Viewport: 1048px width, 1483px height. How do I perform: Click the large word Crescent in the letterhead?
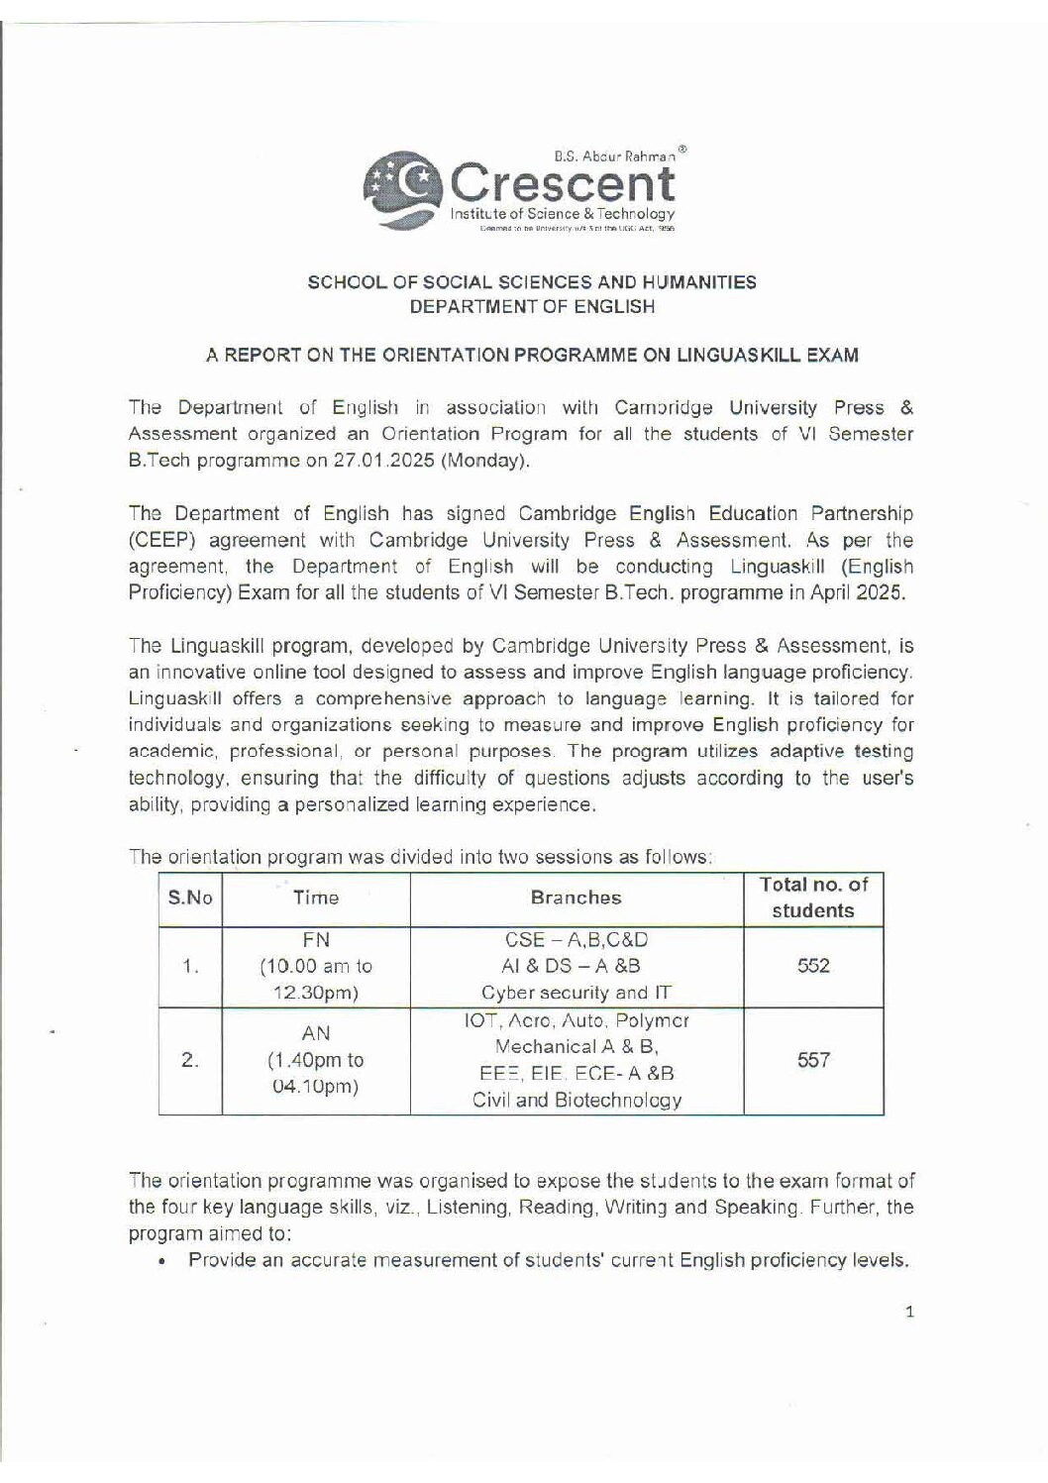563,184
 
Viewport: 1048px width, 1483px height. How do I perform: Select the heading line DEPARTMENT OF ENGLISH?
532,307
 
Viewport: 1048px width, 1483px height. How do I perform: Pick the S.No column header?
190,899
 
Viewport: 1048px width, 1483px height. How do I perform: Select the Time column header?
316,899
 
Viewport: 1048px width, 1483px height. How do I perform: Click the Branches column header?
576,899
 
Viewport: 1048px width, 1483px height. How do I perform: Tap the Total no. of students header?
812,898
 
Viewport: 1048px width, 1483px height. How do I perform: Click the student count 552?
812,967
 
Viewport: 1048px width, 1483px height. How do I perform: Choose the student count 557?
812,1060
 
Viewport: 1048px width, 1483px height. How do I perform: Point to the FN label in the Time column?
316,940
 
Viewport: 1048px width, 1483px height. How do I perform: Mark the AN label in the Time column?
316,1034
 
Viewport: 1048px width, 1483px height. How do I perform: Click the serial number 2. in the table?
190,1060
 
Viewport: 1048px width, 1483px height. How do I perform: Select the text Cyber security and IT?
576,994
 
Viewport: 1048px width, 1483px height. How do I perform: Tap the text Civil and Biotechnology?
576,1101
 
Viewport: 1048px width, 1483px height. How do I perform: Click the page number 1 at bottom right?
908,1314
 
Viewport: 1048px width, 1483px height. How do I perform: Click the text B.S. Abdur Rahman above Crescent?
614,157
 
